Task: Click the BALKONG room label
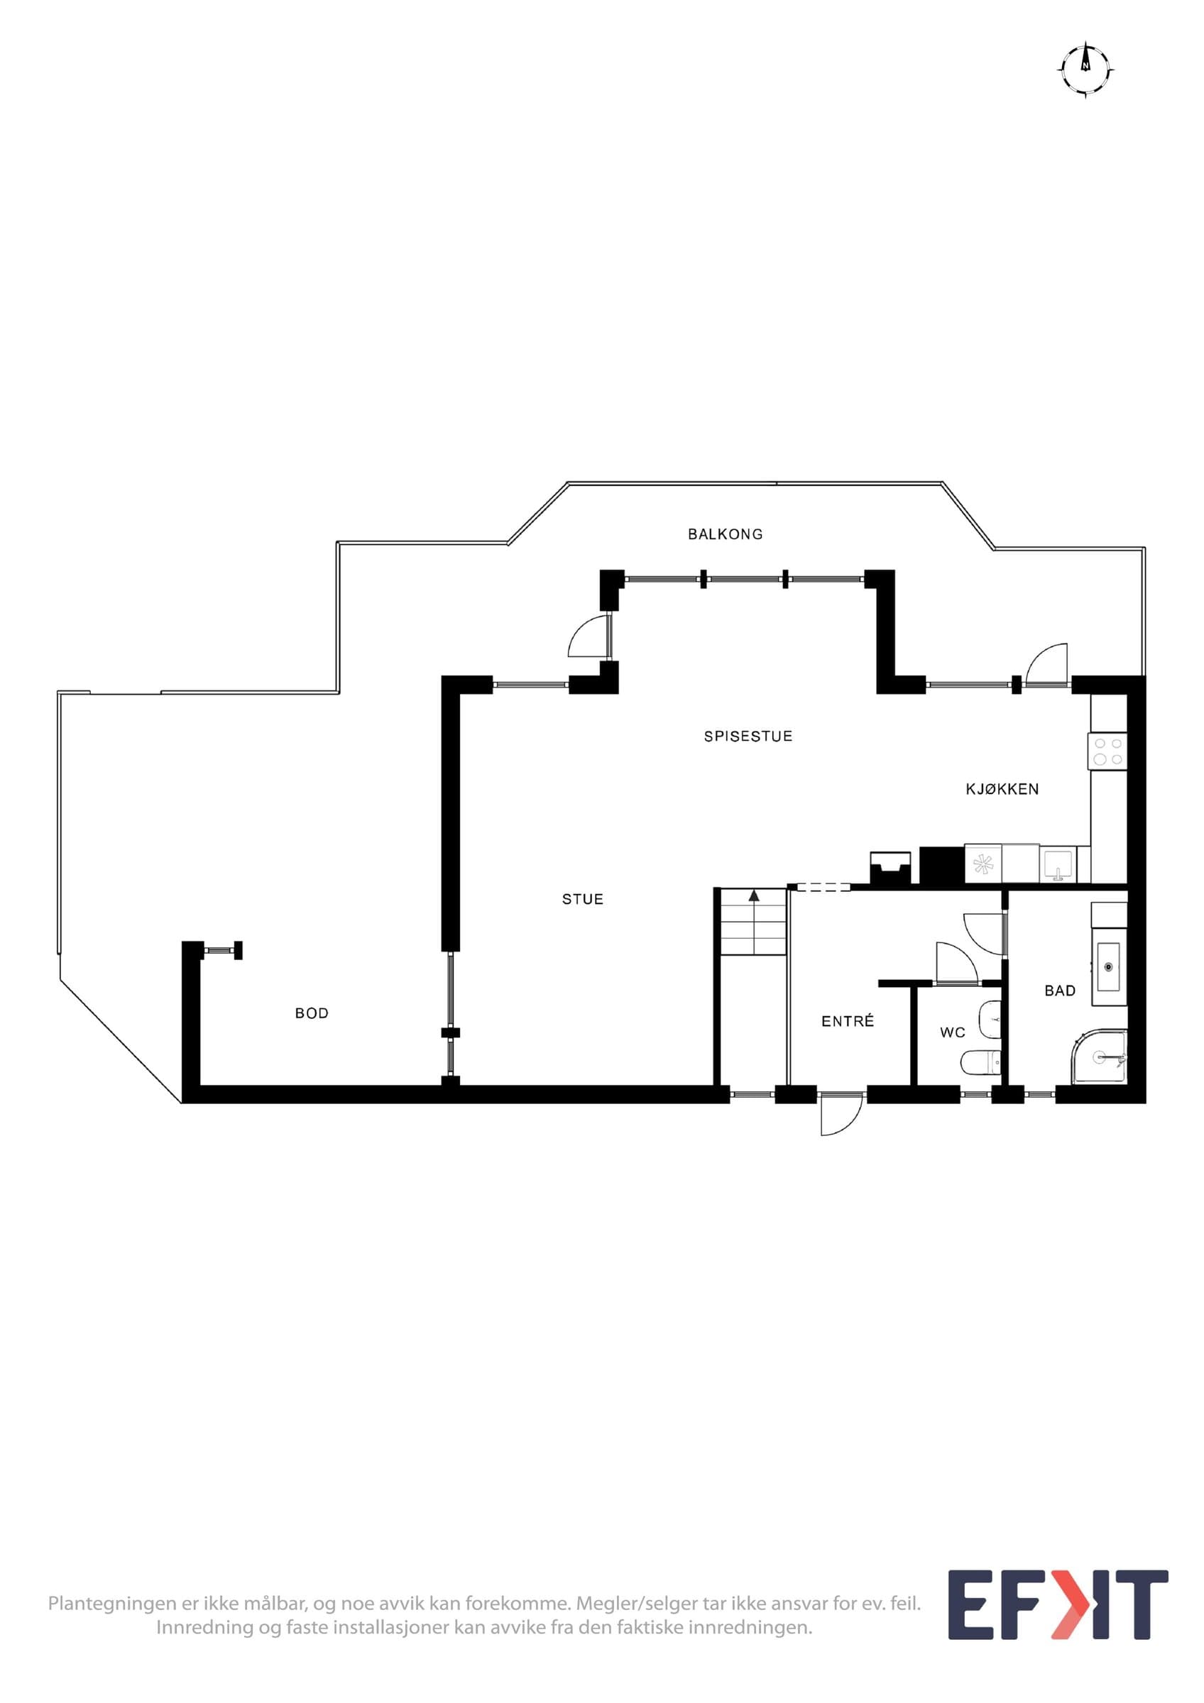click(725, 534)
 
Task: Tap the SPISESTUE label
click(748, 737)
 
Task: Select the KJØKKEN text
click(1002, 789)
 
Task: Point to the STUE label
click(582, 900)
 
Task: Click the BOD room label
click(312, 1013)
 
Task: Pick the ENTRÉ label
click(847, 1020)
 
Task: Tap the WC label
click(953, 1032)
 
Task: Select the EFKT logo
click(1058, 1616)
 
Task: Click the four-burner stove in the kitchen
click(1107, 751)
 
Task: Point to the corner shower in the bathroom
click(1100, 1057)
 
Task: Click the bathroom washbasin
click(1109, 966)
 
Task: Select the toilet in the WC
click(980, 1063)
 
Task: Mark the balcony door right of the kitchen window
click(1046, 666)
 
